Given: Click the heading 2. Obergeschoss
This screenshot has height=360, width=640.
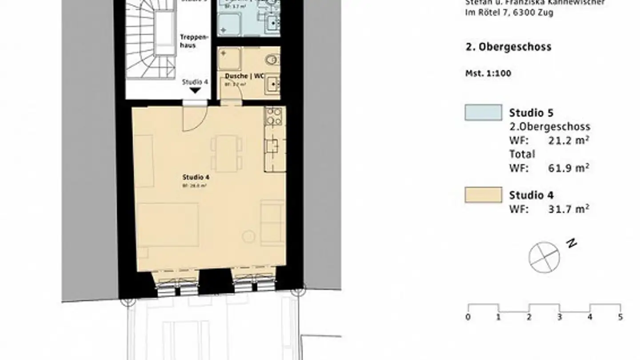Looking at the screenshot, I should (x=508, y=47).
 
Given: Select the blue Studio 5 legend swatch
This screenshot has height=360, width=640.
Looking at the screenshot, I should (x=483, y=112).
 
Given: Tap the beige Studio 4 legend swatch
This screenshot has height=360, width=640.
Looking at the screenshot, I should (x=483, y=195).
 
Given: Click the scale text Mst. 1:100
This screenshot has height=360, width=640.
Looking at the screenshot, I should (x=488, y=73).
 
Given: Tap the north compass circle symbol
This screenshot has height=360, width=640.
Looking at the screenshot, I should (x=544, y=257).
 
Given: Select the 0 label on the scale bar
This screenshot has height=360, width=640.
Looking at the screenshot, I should (x=468, y=317).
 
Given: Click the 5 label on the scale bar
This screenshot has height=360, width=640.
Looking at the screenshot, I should (x=620, y=317).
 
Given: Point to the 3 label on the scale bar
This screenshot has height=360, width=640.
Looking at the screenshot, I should (x=560, y=317).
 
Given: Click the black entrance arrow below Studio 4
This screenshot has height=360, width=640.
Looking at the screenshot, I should (x=195, y=91).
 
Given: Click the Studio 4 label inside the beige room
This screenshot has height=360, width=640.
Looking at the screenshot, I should (x=196, y=177).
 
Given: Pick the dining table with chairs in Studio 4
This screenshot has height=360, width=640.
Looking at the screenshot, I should (x=226, y=153).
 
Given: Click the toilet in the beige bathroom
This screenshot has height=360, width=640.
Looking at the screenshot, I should (x=272, y=59).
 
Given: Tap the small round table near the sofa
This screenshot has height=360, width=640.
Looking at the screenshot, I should (x=248, y=236).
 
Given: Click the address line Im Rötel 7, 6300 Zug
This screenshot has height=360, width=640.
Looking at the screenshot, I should (x=509, y=12).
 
